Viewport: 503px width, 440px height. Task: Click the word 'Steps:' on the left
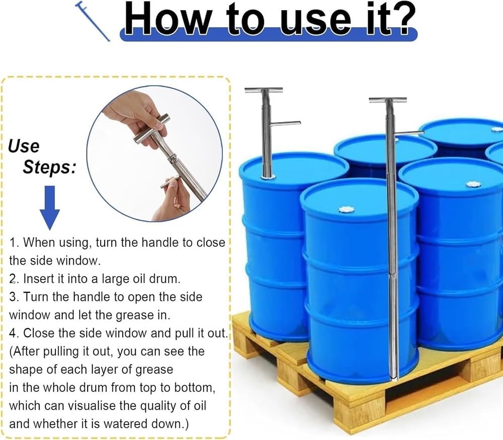point(49,167)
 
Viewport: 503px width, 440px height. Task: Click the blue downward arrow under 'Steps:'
point(49,207)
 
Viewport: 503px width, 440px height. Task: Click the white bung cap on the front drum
point(346,209)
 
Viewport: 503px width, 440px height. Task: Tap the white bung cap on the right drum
point(473,184)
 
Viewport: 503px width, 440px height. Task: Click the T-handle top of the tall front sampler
point(387,100)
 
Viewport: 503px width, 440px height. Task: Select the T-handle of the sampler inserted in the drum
point(264,90)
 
